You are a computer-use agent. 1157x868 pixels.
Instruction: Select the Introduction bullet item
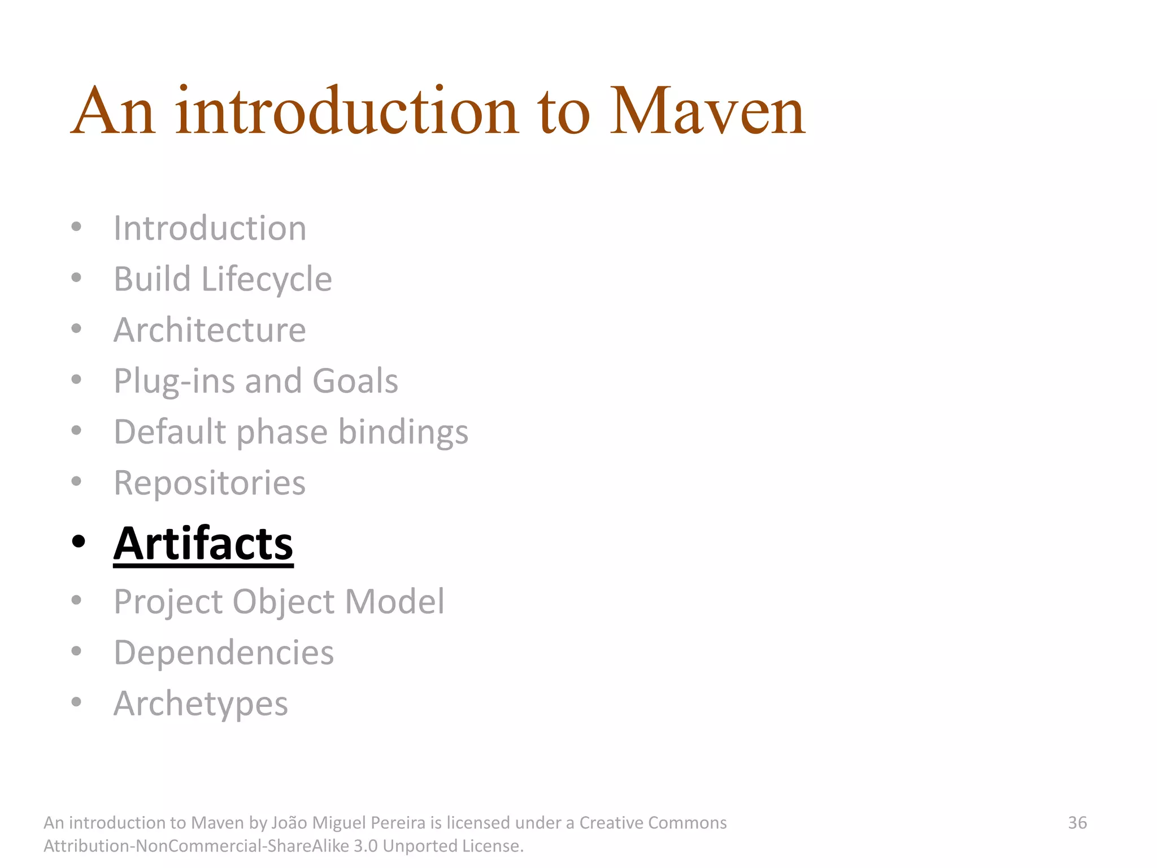(210, 228)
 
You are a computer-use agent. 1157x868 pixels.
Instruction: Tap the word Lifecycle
(267, 279)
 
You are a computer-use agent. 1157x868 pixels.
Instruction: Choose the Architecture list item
(210, 330)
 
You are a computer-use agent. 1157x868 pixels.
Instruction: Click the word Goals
(355, 381)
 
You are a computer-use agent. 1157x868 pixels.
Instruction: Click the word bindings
(403, 432)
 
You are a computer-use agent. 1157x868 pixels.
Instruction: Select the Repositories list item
(210, 483)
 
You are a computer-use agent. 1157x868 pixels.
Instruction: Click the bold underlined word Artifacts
(203, 544)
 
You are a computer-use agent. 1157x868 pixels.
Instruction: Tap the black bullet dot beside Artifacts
(79, 541)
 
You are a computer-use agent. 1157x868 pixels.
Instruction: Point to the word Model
(394, 601)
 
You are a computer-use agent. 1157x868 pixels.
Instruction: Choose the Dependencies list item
(224, 653)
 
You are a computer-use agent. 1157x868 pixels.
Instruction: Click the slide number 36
(1077, 823)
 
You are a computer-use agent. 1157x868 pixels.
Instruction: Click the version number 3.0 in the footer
(366, 846)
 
